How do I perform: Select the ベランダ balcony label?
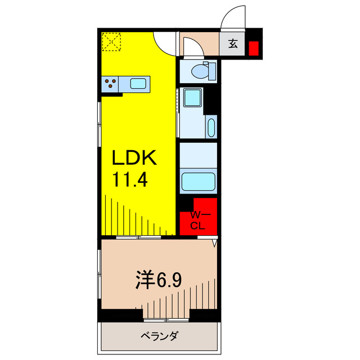(x=159, y=336)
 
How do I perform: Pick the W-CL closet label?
(x=197, y=220)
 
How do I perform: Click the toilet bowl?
(x=200, y=71)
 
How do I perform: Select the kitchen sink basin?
(x=138, y=84)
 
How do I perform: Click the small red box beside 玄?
(x=254, y=48)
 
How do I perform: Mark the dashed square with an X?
(x=111, y=42)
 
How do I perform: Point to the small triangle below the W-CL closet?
(x=215, y=243)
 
